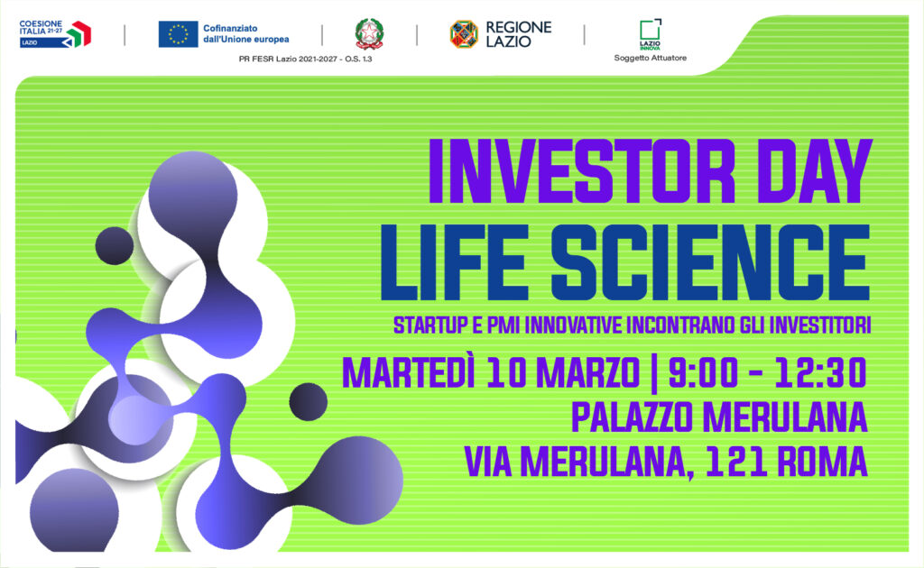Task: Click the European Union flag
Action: click(179, 34)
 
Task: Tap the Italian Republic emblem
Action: click(368, 33)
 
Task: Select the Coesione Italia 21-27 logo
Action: click(56, 34)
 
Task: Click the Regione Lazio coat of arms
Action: click(464, 34)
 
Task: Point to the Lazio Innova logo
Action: click(650, 32)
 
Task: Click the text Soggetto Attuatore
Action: click(650, 59)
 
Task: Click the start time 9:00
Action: click(707, 371)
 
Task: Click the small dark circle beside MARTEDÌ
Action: click(308, 399)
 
